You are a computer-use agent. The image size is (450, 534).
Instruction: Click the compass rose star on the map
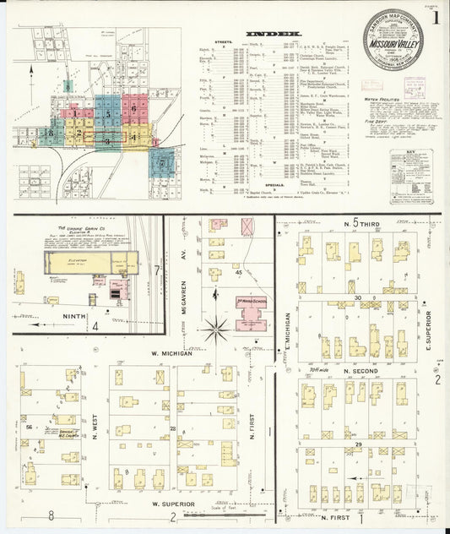tap(217, 328)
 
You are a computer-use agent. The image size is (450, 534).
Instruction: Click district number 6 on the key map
tap(133, 109)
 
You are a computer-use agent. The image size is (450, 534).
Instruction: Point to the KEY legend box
tap(411, 175)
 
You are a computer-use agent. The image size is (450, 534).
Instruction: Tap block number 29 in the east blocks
tap(357, 444)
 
